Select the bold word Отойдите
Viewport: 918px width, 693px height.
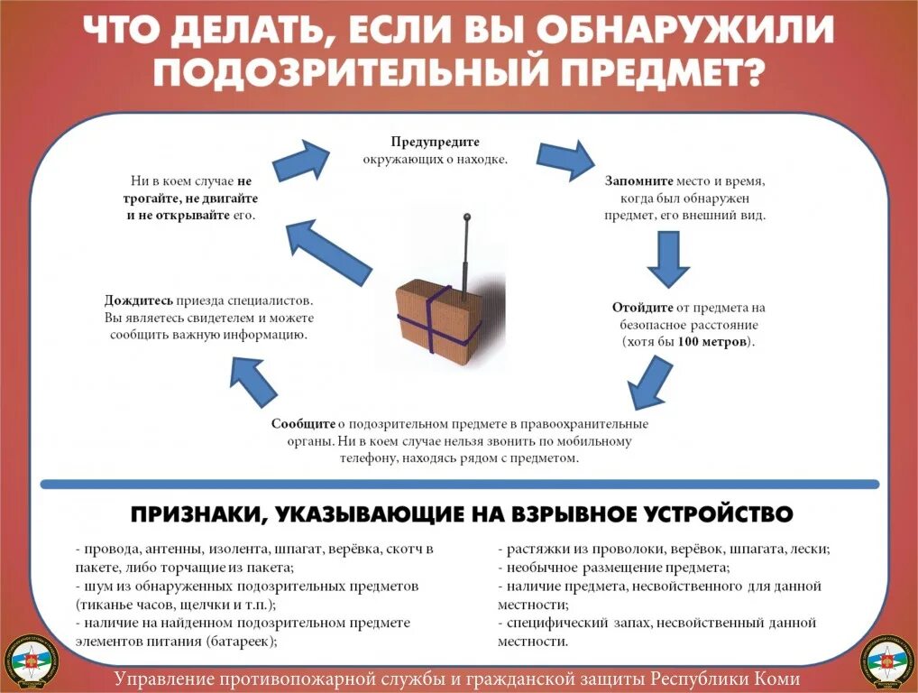[640, 308]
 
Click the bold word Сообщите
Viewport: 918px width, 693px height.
[303, 424]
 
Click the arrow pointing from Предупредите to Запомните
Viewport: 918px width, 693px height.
[565, 161]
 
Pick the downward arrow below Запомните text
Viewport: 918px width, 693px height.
[668, 259]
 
